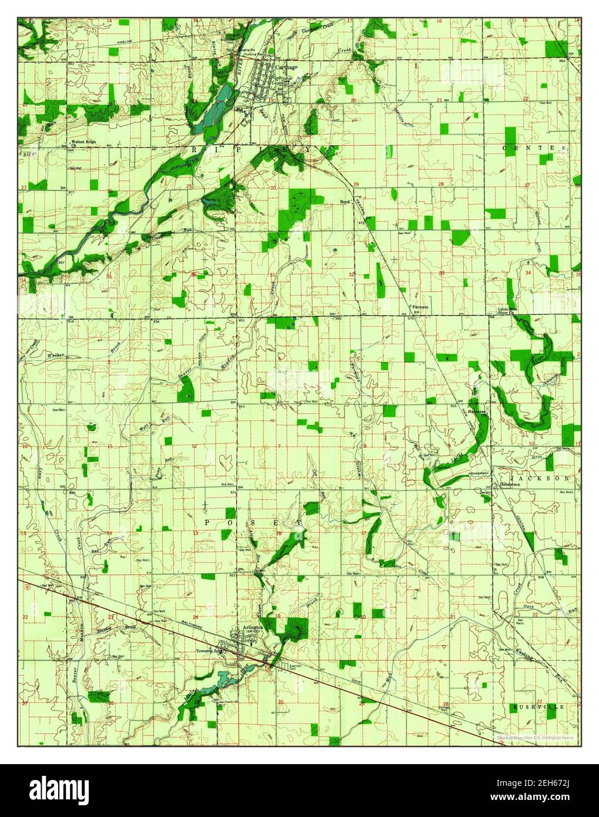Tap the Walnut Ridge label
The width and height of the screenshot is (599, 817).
[x=82, y=142]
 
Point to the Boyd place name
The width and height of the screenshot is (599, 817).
[x=345, y=202]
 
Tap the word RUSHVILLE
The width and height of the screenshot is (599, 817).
[x=537, y=706]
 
